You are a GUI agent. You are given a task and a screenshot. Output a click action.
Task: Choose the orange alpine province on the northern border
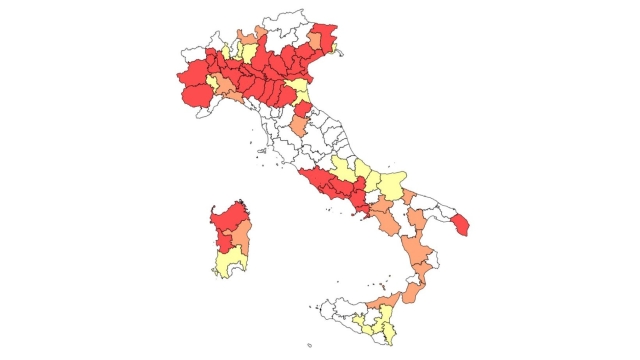click(261, 35)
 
